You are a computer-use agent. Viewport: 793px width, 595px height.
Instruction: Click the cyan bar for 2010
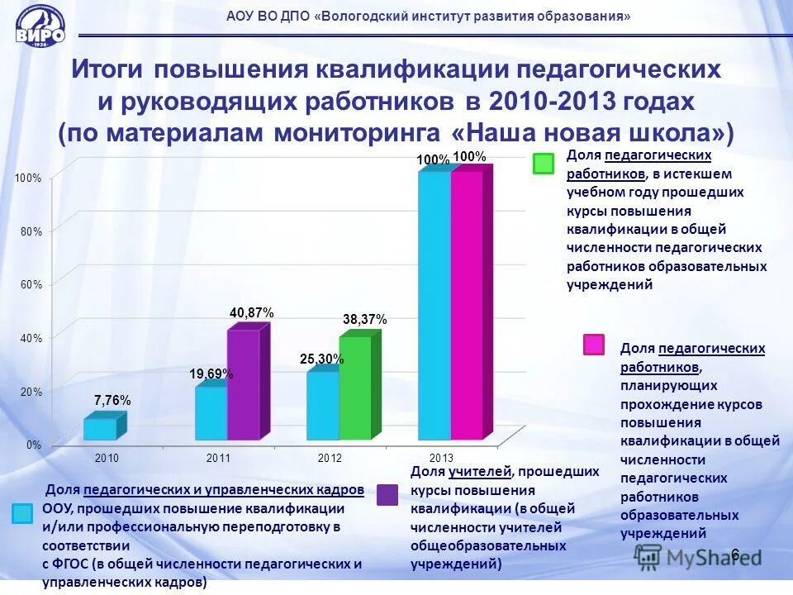coord(99,429)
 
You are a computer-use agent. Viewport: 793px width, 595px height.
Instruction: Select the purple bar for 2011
coord(243,384)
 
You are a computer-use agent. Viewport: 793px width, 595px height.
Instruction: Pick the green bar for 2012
coord(355,388)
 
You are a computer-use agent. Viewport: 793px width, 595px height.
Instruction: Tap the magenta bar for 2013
coord(467,305)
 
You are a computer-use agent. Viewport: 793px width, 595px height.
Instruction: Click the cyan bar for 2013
coord(434,305)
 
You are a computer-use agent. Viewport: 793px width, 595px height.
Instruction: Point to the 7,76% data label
coord(112,400)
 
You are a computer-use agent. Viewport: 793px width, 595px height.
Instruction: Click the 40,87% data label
coord(251,312)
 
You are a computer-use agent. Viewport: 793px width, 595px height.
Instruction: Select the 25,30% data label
coord(321,359)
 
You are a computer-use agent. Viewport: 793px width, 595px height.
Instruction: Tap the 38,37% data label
coord(364,319)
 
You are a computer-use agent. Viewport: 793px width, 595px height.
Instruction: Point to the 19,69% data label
coord(211,374)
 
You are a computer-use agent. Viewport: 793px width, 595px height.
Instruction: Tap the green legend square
coord(544,164)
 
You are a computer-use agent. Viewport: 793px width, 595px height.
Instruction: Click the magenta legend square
coord(594,345)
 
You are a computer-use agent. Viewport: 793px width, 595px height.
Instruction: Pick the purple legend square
coord(387,493)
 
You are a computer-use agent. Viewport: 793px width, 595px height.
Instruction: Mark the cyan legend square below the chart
coord(23,512)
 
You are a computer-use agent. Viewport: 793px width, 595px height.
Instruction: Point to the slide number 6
coord(734,555)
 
